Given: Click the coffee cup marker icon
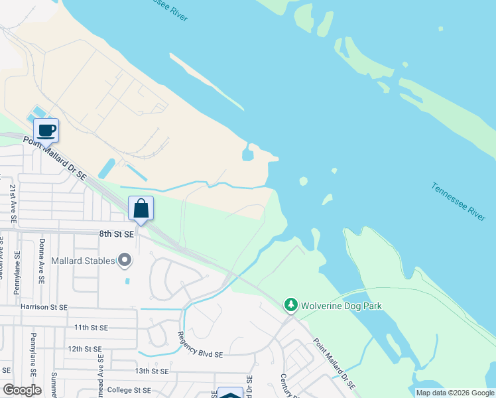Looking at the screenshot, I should click(46, 130).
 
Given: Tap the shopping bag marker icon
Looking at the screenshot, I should click(141, 208).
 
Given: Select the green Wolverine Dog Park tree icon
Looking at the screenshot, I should click(290, 306).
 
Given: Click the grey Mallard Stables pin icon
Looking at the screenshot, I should click(125, 261).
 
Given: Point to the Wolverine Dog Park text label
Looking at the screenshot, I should click(342, 306).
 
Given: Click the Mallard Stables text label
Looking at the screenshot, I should click(83, 261).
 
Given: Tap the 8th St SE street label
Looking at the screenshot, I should click(117, 234).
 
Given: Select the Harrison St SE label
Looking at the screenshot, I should click(44, 307).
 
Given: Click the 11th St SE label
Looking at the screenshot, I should click(91, 328).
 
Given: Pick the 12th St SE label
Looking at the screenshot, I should click(84, 348).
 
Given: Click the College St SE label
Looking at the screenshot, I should click(129, 390).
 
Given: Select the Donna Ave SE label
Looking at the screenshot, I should click(42, 262).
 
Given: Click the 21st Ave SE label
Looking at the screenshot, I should click(13, 203).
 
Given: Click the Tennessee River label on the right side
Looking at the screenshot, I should click(458, 202).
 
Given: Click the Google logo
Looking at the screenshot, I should click(22, 390).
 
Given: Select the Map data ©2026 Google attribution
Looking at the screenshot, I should click(455, 393).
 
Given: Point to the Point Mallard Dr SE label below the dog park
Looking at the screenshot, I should click(334, 364).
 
